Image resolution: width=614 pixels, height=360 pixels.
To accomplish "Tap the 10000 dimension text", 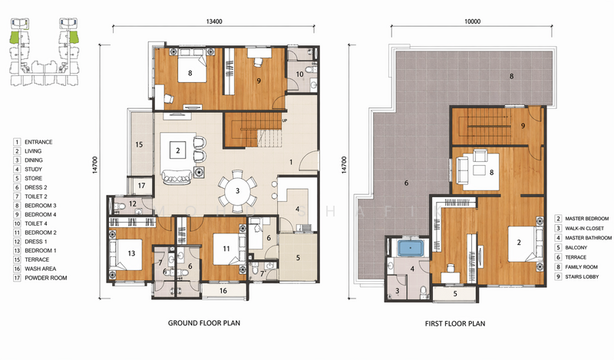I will tap(471, 21).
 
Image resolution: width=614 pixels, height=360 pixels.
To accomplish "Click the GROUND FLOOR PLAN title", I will tap(204, 323).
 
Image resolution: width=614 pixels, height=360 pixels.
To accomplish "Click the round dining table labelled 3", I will tap(238, 191).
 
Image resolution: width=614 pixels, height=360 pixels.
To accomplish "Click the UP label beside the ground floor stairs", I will tap(285, 121).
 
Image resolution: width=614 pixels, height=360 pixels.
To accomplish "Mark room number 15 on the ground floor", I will tap(139, 144).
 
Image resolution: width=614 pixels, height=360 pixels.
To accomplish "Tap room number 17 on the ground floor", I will tap(141, 185).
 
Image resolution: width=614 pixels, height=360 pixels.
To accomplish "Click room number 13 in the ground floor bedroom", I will tap(131, 253).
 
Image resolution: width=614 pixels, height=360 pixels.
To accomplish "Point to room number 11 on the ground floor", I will tap(226, 249).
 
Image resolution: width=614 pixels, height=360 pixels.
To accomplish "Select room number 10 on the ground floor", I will tap(300, 74).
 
